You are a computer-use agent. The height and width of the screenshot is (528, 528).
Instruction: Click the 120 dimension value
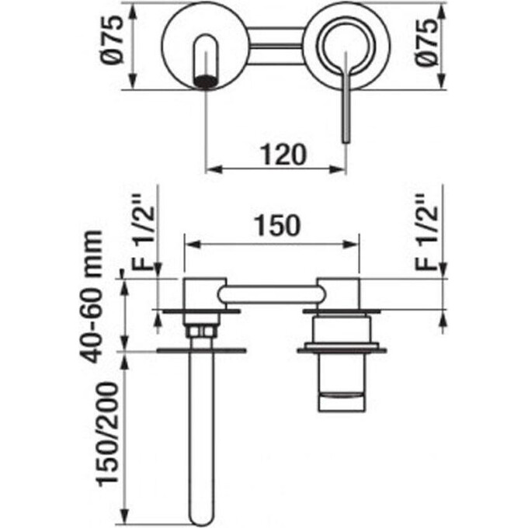coord(283,155)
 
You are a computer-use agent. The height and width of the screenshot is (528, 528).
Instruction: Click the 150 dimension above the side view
coord(277,226)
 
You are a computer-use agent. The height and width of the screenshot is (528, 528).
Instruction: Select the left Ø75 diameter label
coord(112,40)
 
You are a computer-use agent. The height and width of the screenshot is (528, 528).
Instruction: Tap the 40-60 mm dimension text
coord(92,297)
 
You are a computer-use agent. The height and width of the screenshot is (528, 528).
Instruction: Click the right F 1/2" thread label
coord(426,232)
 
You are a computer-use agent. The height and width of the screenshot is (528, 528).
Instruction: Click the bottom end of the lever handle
coord(346,141)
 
